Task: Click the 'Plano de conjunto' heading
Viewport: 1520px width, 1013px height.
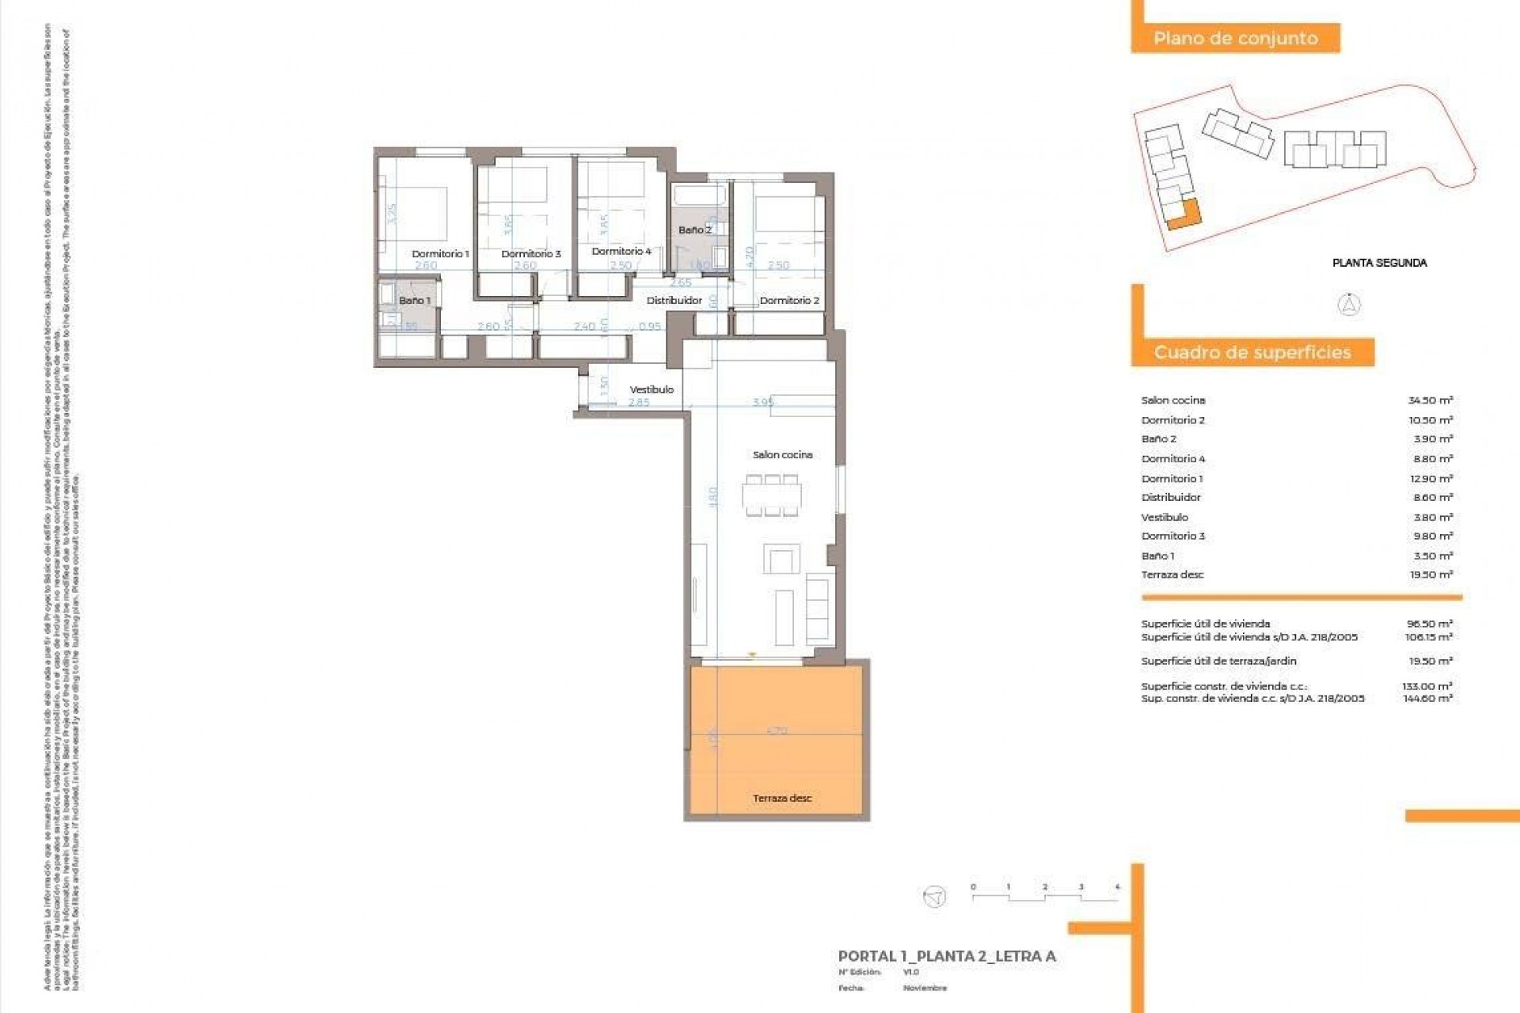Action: tap(1235, 38)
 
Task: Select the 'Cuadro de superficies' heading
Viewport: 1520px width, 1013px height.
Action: tap(1252, 352)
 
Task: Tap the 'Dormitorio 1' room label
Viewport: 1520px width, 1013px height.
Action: tap(440, 254)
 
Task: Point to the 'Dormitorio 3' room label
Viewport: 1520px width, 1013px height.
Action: tap(530, 254)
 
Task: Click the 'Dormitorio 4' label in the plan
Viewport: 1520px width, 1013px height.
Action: tap(621, 251)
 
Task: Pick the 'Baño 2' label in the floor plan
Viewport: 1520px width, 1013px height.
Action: tap(694, 230)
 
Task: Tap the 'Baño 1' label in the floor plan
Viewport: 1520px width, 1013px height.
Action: tap(414, 301)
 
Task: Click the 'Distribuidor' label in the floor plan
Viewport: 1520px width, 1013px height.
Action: tap(674, 301)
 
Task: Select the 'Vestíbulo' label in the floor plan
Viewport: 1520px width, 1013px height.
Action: tap(652, 389)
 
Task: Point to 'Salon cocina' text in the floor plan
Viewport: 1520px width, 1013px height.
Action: tap(782, 455)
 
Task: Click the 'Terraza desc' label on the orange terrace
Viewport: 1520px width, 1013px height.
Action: tap(782, 798)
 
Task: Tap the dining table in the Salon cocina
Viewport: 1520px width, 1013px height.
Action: tap(772, 495)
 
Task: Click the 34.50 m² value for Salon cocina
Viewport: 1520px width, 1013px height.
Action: tap(1430, 400)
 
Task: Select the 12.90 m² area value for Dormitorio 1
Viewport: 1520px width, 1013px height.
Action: tap(1430, 479)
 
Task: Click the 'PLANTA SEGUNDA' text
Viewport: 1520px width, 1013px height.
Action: tap(1379, 263)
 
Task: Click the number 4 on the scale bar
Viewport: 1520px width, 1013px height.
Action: tap(1117, 887)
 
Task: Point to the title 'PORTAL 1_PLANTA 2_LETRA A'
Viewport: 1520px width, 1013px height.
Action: tap(947, 956)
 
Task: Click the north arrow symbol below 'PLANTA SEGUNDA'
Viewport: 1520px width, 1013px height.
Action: tap(1349, 305)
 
